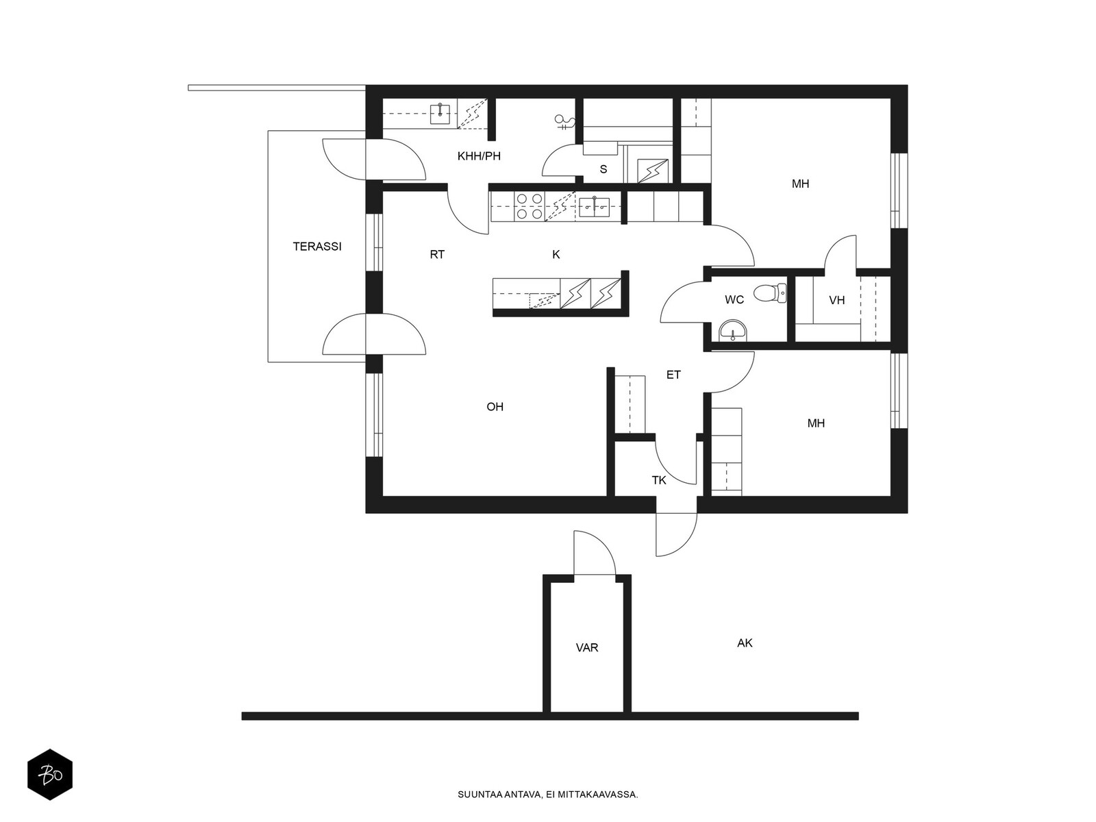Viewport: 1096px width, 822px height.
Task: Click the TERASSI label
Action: tap(317, 247)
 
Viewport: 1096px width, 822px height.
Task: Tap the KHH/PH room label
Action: tap(479, 156)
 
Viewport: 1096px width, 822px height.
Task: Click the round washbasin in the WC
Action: tap(732, 330)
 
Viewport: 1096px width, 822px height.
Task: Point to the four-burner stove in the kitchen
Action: tap(530, 207)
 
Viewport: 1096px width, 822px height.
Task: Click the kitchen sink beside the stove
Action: tap(594, 207)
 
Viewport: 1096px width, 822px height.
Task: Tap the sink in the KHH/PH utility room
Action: tap(440, 114)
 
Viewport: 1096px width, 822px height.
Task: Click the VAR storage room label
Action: tap(586, 648)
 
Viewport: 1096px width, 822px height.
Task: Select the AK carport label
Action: tap(745, 643)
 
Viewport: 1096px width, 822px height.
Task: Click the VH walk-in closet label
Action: tap(837, 300)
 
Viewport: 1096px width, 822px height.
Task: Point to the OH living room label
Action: tap(495, 407)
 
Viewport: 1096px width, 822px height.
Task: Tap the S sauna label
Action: tap(603, 169)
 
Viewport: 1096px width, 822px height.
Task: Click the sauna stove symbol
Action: tap(653, 171)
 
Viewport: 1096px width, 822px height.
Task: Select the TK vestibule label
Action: tap(658, 480)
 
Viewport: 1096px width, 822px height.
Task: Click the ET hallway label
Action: tap(673, 375)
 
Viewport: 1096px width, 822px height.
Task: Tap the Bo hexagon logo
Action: tap(50, 775)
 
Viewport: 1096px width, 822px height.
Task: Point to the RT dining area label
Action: tap(437, 255)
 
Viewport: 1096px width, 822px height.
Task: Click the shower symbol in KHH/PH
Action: tap(565, 121)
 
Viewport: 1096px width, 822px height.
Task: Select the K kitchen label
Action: tap(556, 255)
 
